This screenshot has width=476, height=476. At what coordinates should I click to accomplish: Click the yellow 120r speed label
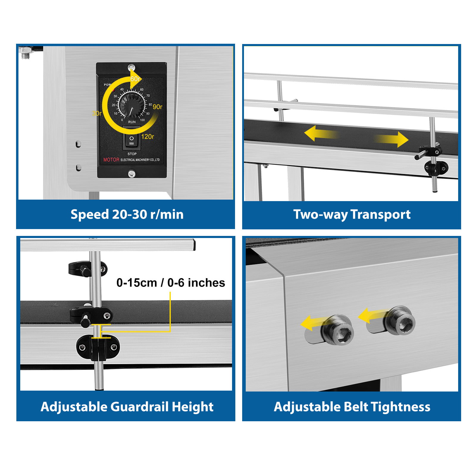pyautogui.click(x=148, y=137)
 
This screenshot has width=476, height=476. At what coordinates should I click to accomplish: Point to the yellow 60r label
pyautogui.click(x=135, y=79)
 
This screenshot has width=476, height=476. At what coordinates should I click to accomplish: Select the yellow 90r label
pyautogui.click(x=157, y=107)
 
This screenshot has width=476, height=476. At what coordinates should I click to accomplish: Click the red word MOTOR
pyautogui.click(x=111, y=160)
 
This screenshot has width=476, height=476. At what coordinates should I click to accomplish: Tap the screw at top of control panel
pyautogui.click(x=131, y=68)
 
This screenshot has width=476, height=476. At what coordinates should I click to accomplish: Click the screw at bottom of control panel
pyautogui.click(x=131, y=174)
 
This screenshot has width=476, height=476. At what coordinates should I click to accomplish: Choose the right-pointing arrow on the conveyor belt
pyautogui.click(x=391, y=139)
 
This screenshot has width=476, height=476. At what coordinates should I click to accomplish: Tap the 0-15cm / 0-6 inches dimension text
pyautogui.click(x=171, y=283)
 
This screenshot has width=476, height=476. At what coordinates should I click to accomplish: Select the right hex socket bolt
pyautogui.click(x=399, y=321)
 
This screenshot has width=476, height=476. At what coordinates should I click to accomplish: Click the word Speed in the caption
pyautogui.click(x=90, y=215)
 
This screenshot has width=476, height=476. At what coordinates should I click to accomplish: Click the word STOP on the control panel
pyautogui.click(x=132, y=154)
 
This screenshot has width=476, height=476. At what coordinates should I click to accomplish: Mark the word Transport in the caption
pyautogui.click(x=381, y=215)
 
